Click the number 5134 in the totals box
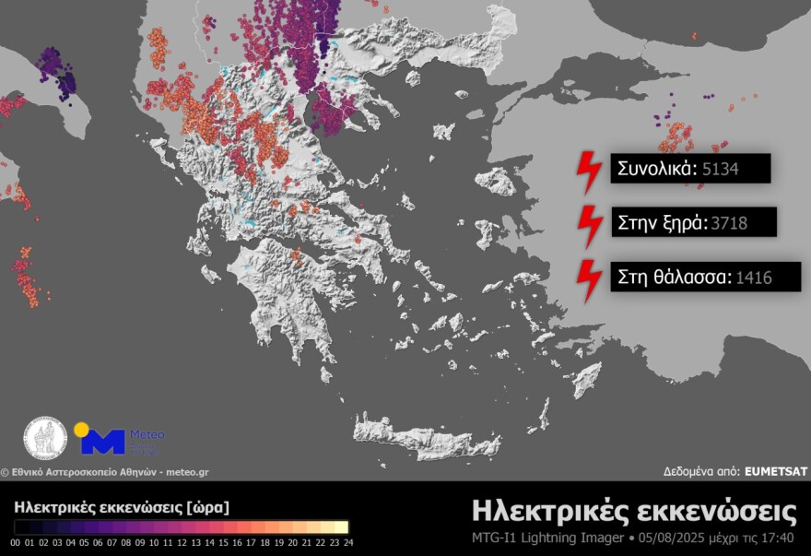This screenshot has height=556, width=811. click(721, 170)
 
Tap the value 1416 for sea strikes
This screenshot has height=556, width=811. click(754, 276)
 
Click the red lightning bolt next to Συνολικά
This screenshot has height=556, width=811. click(588, 172)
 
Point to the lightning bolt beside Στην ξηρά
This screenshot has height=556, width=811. click(588, 225)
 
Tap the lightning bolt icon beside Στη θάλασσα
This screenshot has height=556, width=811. click(588, 280)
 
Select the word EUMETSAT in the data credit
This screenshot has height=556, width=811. click(776, 471)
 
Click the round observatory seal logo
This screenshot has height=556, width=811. click(45, 439)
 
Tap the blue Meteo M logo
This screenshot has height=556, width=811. click(102, 442)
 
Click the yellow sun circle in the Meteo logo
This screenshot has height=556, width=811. click(81, 430)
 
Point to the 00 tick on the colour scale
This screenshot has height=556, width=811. click(18, 542)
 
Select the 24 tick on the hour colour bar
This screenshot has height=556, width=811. click(347, 542)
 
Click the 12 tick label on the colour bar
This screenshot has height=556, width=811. click(182, 542)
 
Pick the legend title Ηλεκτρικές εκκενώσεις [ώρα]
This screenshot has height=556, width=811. click(122, 507)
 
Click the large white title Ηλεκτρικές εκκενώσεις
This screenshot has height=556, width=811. click(634, 511)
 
